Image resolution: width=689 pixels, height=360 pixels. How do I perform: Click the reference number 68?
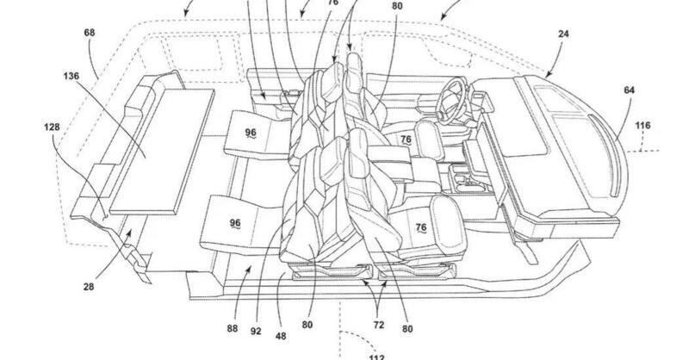click(90, 33)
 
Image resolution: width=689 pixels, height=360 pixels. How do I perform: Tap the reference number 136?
click(71, 76)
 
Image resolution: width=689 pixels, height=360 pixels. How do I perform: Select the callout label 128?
click(52, 127)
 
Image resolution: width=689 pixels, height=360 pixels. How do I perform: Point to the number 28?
click(89, 287)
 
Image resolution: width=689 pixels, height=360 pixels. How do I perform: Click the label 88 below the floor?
click(233, 328)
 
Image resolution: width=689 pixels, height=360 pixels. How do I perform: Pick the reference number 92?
click(256, 331)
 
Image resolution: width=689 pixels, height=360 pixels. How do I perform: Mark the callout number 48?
click(281, 336)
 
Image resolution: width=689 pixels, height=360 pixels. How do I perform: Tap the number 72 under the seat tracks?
click(379, 326)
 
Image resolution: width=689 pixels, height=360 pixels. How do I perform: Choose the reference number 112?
click(376, 357)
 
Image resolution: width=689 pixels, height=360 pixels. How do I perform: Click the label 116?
click(642, 126)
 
